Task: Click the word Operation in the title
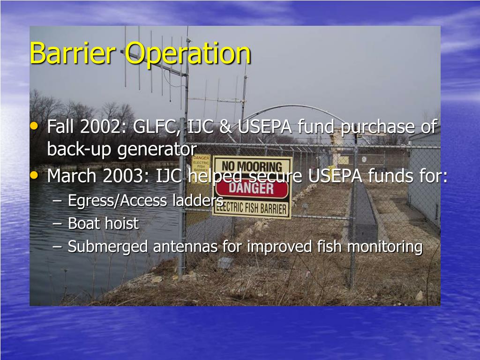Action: [x=188, y=54]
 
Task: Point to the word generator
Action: [x=157, y=150]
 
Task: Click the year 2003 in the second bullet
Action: [x=120, y=176]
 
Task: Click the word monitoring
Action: [x=385, y=246]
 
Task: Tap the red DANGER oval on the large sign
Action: [x=252, y=188]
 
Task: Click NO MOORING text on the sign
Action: [x=252, y=167]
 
